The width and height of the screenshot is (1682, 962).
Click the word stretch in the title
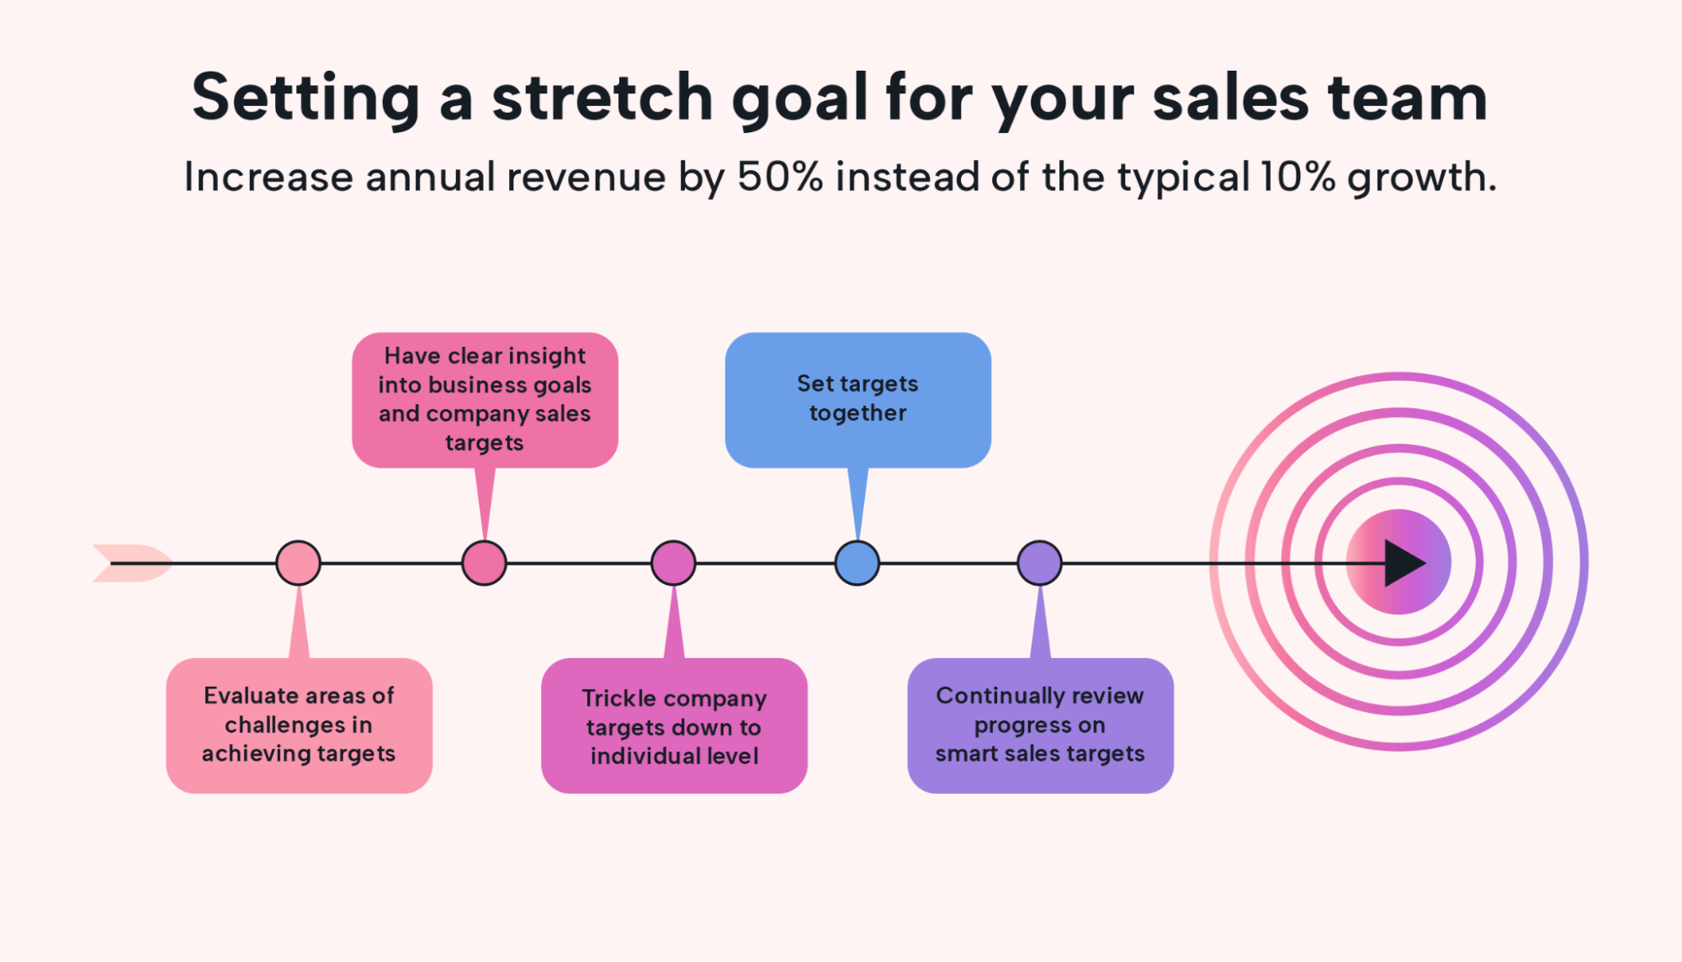tap(602, 98)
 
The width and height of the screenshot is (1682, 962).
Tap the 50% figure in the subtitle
tap(780, 177)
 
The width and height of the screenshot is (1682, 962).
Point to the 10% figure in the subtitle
tap(1297, 177)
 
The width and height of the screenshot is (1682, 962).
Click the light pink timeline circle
tap(299, 563)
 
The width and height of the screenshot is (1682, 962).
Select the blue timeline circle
tap(857, 563)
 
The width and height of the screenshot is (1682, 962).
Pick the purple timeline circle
tap(1040, 563)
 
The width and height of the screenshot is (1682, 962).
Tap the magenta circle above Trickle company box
tap(673, 563)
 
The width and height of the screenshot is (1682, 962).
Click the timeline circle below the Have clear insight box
tap(485, 563)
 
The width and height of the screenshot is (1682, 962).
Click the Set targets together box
tap(858, 400)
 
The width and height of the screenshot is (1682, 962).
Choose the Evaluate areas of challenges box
tap(300, 725)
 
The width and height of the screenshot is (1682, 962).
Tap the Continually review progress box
tap(1041, 725)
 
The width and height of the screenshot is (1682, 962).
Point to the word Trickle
tap(619, 699)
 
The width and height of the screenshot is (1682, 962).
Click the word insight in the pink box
tap(547, 357)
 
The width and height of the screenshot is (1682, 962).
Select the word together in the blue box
tap(858, 413)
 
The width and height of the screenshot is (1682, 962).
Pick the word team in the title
tap(1408, 98)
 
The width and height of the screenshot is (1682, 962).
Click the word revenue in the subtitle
tap(586, 178)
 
